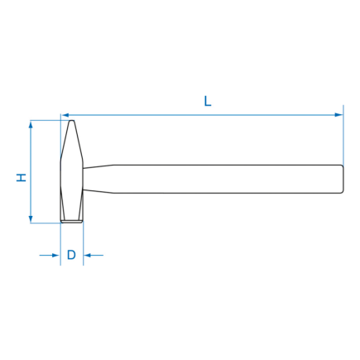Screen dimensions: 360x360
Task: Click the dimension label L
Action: click(208, 101)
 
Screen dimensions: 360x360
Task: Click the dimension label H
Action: click(22, 177)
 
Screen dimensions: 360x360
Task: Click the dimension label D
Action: click(71, 255)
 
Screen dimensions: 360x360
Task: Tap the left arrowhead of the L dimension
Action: click(65, 115)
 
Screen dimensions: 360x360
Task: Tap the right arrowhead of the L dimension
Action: click(339, 115)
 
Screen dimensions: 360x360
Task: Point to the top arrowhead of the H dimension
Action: click(31, 125)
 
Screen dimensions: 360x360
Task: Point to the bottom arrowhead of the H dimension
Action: click(31, 218)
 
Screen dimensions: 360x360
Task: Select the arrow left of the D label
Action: click(50, 255)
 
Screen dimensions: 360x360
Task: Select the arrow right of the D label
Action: click(94, 255)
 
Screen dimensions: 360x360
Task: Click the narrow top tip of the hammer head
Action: click(72, 121)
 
